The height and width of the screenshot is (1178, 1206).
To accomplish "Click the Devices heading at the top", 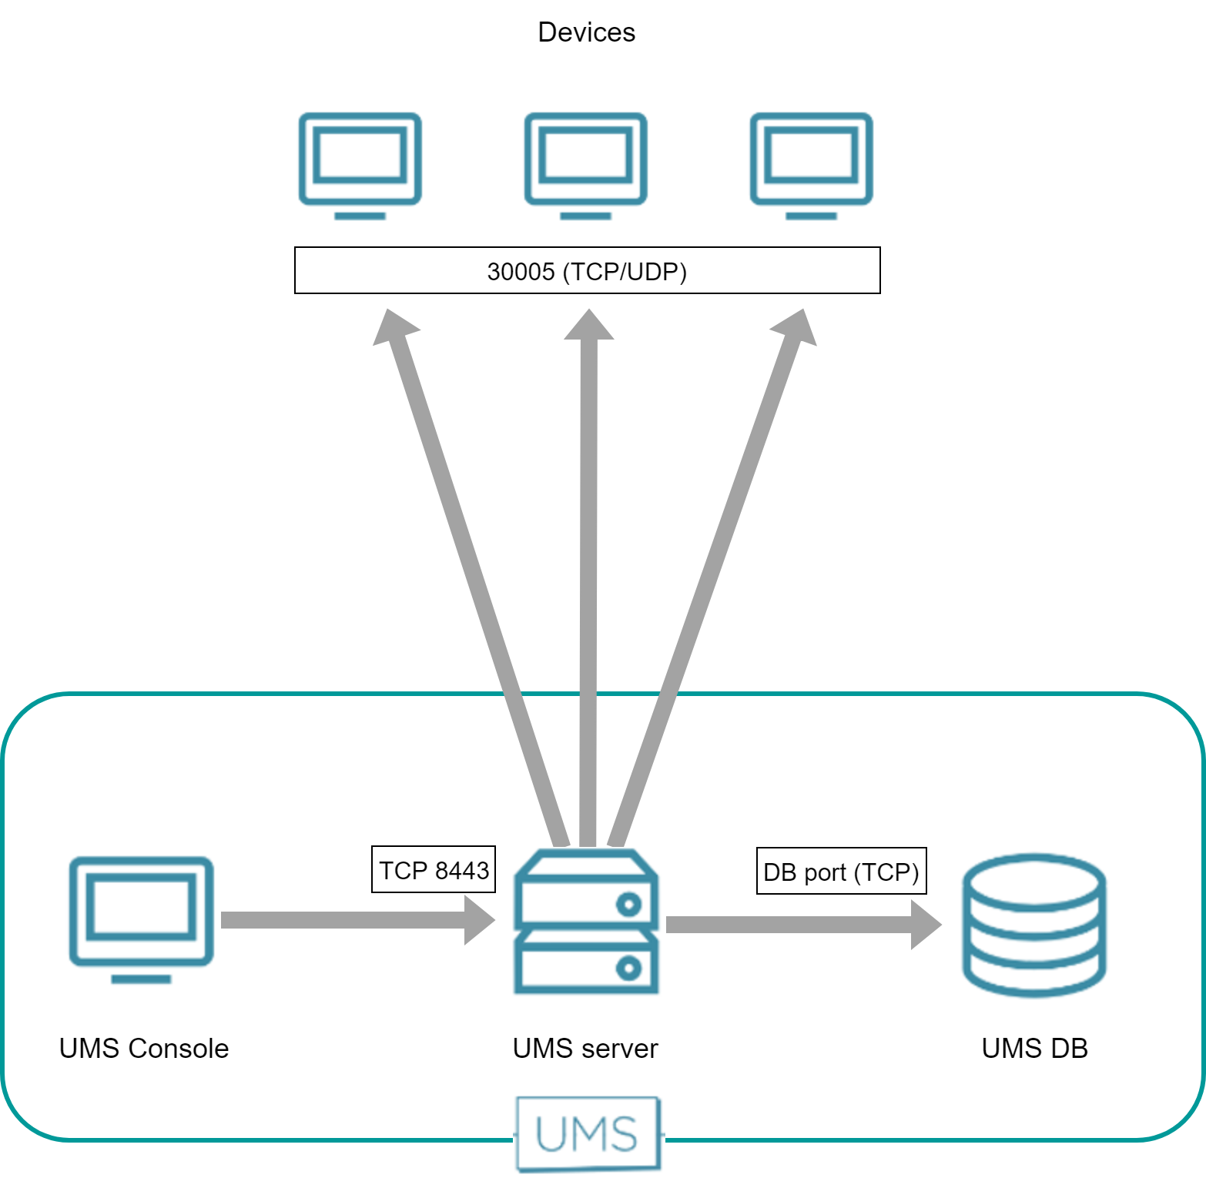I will click(586, 32).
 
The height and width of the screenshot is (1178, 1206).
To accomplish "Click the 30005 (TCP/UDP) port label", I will click(587, 271).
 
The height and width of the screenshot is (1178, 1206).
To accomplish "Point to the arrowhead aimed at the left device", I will click(394, 327).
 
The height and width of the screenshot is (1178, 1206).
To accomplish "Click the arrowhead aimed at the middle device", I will click(589, 326).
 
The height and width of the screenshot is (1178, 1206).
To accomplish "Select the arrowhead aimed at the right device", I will click(796, 327).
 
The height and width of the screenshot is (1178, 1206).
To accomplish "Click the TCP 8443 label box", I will click(434, 870).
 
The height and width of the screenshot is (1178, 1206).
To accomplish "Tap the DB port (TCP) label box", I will click(841, 872).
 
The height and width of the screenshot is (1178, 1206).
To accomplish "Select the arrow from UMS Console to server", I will click(354, 920).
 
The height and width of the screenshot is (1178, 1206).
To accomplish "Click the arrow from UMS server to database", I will click(801, 925).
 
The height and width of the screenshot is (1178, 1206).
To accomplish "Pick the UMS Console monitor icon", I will click(141, 915).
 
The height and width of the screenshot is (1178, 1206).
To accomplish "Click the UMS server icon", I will click(586, 922).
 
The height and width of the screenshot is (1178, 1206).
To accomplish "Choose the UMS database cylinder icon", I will click(1034, 924).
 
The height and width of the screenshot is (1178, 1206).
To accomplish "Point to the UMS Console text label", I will click(144, 1049).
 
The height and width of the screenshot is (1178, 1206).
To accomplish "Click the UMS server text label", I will click(585, 1049).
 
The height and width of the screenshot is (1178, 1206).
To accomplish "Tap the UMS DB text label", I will click(1034, 1049).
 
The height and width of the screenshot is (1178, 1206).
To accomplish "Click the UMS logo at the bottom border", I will click(588, 1133).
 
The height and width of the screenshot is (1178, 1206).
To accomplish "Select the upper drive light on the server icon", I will click(628, 904).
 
